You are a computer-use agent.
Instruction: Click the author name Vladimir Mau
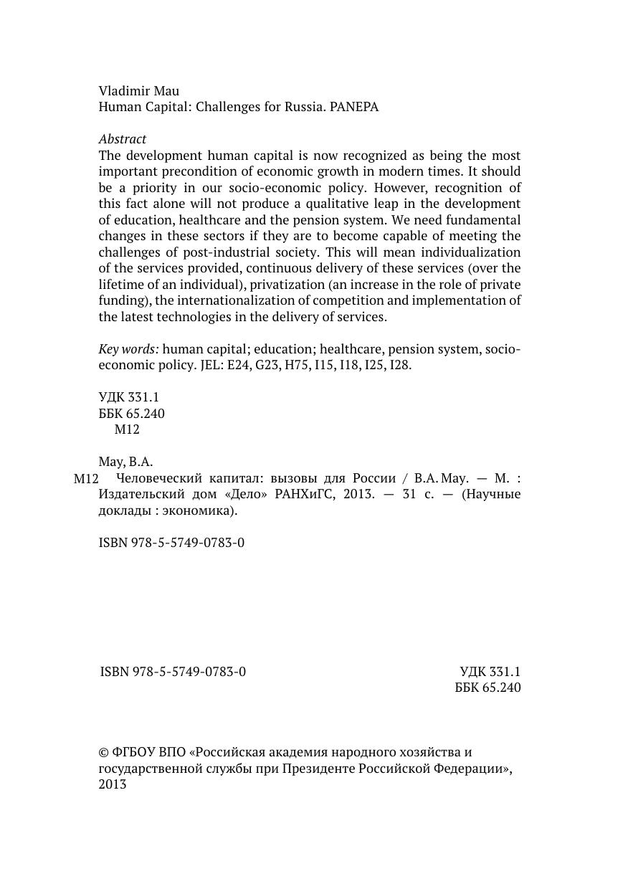pos(139,91)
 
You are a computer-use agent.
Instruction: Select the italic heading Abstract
pos(123,139)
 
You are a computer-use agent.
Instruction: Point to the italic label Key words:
pos(128,349)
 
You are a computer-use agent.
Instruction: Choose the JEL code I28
pos(400,365)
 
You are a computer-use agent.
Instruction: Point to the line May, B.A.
pos(125,462)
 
